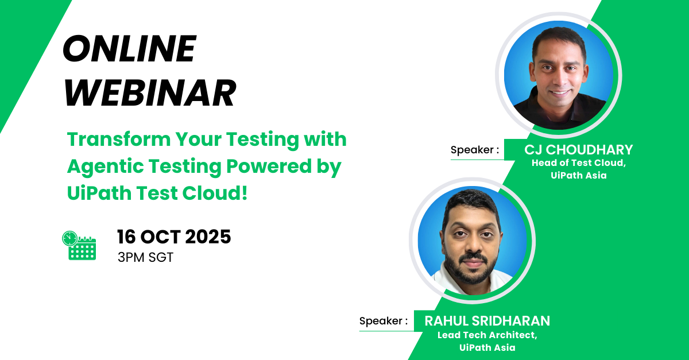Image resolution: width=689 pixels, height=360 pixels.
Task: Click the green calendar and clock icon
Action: (x=79, y=246)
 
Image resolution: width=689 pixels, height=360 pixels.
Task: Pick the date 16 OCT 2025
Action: (x=174, y=237)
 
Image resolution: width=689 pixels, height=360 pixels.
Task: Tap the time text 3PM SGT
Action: (x=145, y=258)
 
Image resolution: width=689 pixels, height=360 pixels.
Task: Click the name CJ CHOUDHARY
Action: (x=578, y=150)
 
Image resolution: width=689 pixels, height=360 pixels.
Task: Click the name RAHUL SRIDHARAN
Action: (x=487, y=321)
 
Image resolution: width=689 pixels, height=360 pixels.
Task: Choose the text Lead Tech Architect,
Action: (x=487, y=335)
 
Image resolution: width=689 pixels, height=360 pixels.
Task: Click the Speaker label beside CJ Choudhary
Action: (x=474, y=150)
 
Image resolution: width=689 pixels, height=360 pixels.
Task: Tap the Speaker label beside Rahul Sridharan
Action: (x=384, y=321)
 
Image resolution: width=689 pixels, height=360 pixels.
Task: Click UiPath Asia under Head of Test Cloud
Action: (x=578, y=176)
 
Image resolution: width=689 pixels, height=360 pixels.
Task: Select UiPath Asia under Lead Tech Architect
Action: (x=487, y=347)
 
